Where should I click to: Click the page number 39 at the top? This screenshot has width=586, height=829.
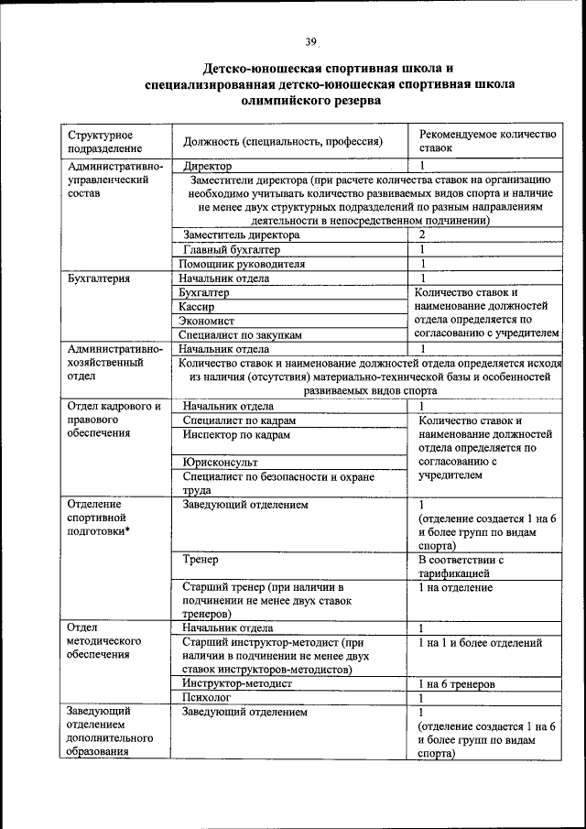click(310, 41)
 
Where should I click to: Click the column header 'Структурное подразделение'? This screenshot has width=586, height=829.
click(101, 140)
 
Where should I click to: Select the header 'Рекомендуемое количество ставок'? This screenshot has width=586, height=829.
click(487, 140)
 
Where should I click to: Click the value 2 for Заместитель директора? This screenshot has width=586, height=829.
click(422, 235)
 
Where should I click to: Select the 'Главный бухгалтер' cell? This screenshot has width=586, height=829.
click(232, 249)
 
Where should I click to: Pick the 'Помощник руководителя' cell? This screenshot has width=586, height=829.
click(244, 264)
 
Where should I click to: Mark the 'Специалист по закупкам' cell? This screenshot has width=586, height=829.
click(241, 335)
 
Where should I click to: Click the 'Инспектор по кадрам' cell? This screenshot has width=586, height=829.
click(235, 435)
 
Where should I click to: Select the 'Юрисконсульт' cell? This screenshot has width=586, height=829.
click(219, 463)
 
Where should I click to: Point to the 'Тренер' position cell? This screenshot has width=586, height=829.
click(201, 559)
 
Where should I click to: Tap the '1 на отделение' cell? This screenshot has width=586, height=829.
click(456, 587)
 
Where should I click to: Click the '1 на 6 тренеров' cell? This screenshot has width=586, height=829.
click(457, 683)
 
